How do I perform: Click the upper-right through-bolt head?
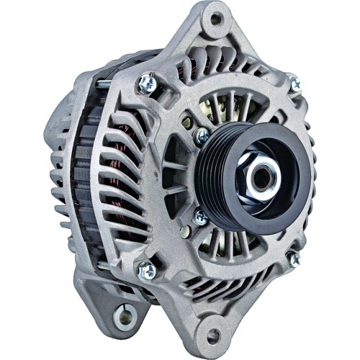[294, 84]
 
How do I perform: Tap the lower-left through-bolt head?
[146, 270]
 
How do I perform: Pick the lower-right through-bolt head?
[294, 258]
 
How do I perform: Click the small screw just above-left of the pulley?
[202, 135]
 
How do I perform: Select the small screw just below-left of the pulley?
[201, 215]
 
